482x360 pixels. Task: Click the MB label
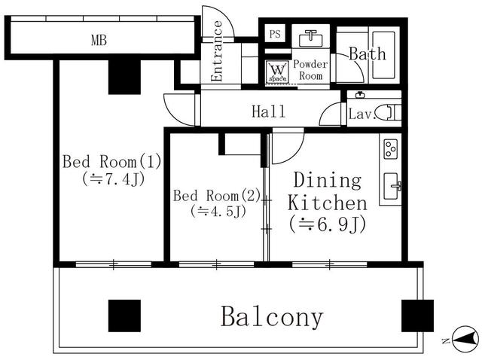coord(99,40)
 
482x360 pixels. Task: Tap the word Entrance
coord(217,52)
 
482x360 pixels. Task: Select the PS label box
coord(275,35)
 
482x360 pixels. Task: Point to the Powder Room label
coord(310,70)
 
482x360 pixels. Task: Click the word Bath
coord(367,54)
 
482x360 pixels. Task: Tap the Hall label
coord(268,112)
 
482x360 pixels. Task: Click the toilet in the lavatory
coord(389,113)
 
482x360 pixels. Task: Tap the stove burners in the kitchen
coord(391,148)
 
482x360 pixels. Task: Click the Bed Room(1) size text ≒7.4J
coord(113,179)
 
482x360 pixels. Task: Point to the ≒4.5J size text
coord(218,211)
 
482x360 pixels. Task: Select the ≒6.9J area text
coord(326,224)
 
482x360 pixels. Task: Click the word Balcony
coord(272,317)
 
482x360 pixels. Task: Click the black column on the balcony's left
coord(124,316)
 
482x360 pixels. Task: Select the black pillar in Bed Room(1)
coord(125,76)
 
